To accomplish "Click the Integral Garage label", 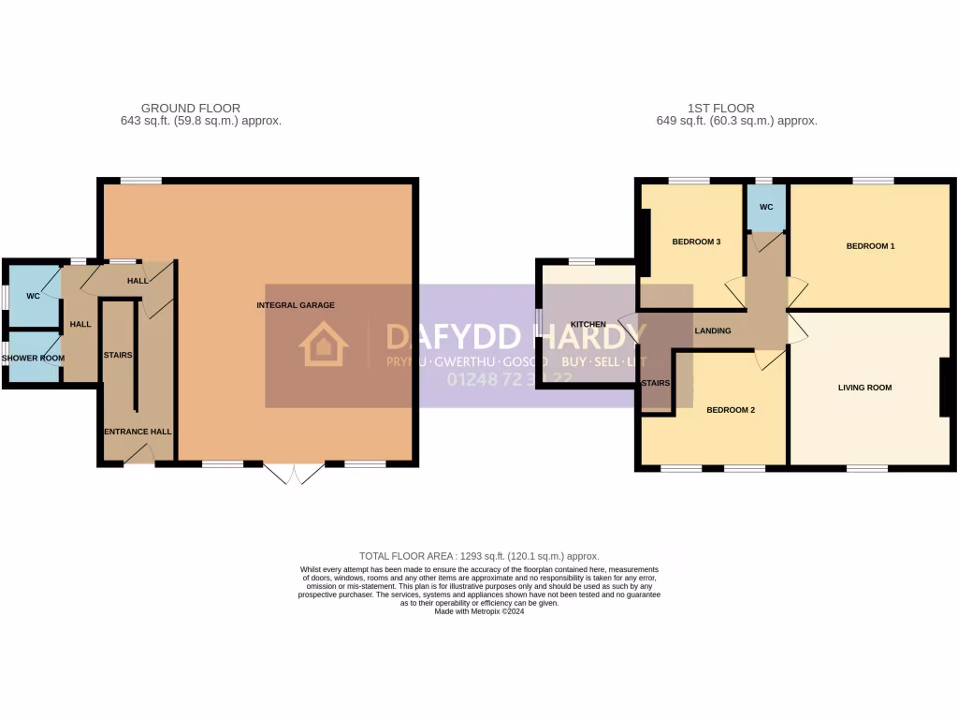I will coord(296,305).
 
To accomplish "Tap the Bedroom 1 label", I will coord(870,246).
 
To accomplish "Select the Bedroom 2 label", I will coord(730,410).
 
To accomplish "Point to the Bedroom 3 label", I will coord(696,242).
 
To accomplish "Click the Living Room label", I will coord(864,388).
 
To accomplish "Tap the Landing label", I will coord(712,330).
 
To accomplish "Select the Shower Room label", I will coord(33,359).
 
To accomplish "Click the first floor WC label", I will coord(766,207).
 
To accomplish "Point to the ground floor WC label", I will coord(33,296).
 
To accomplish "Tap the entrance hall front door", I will coord(138,455).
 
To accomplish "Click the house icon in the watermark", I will coord(323,345).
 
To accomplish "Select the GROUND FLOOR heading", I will coord(190,109).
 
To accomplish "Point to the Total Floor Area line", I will coord(479,556).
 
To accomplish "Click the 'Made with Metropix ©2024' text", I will coord(479,611).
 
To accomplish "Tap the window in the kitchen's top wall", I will coord(582,261).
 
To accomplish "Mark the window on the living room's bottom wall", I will coord(866,467).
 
